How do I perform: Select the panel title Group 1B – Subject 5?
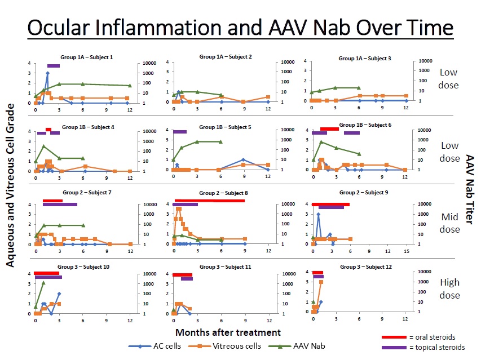click(x=226, y=127)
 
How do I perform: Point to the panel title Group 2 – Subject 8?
click(x=226, y=193)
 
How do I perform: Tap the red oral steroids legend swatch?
click(x=394, y=337)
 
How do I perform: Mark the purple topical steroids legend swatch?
click(x=394, y=347)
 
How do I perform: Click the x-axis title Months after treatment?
click(x=227, y=333)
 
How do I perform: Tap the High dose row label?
click(x=449, y=290)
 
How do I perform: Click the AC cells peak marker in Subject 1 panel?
click(x=47, y=73)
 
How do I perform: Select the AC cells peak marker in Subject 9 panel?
click(x=318, y=214)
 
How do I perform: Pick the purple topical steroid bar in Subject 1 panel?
click(x=53, y=66)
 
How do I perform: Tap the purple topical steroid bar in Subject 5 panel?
click(x=179, y=132)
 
